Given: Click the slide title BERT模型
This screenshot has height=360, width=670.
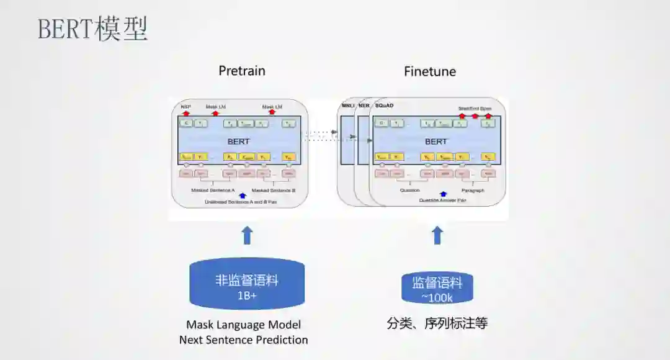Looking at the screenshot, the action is pos(92,30).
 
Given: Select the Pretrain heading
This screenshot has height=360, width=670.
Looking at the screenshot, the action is pos(241,71).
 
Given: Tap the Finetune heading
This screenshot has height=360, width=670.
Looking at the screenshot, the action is pos(429,71).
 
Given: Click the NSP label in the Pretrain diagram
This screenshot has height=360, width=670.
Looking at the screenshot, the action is pos(185,107).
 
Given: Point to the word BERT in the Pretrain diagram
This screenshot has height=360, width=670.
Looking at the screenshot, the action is pos(239,142).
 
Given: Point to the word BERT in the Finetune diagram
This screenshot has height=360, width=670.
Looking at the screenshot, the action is pos(435,142).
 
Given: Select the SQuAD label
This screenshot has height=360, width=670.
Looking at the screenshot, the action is pos(385,106).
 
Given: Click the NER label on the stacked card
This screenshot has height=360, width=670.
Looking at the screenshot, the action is pos(364,106).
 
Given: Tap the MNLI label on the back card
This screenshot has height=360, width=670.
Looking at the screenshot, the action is pos(347,106).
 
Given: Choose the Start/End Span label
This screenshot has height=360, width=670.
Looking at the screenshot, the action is pos(475,109).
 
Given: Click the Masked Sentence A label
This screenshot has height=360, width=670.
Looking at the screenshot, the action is pos(212,190).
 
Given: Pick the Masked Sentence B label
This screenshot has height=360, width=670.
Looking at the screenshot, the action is pos(274,190).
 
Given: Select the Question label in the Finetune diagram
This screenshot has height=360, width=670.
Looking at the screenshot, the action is pos(410,191).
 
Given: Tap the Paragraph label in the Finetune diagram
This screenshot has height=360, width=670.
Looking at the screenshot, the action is pos(473,191).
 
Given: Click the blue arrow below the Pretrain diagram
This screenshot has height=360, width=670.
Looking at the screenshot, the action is pos(247,235).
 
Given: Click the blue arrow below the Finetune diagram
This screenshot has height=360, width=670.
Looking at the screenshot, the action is pos(437,235).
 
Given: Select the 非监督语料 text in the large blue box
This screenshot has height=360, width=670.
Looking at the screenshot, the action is pos(246,280).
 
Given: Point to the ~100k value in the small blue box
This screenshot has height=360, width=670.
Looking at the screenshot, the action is pos(437,298).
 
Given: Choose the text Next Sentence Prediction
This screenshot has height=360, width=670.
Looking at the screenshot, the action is pos(243,340).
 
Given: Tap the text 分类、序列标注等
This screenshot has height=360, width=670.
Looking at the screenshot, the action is pos(437,323).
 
